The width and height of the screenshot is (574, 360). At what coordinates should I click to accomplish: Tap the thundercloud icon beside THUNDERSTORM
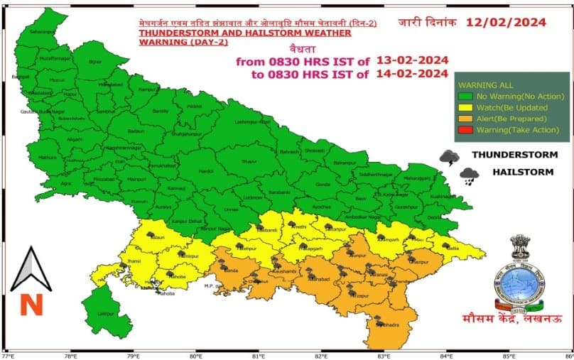448,158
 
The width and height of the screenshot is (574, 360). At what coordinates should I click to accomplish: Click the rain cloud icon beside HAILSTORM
469,175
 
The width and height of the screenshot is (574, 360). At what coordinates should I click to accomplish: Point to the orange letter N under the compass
31,305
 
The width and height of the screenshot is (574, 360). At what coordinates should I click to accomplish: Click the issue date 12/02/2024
506,21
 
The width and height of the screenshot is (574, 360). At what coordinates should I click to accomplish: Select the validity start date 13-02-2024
413,60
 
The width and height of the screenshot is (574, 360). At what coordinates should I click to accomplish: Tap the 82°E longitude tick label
323,355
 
